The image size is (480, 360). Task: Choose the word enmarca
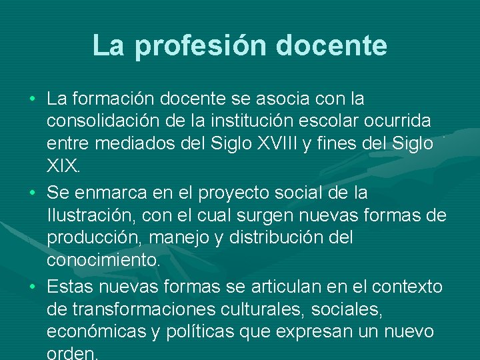pyautogui.click(x=109, y=193)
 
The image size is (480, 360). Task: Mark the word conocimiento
pyautogui.click(x=104, y=260)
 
